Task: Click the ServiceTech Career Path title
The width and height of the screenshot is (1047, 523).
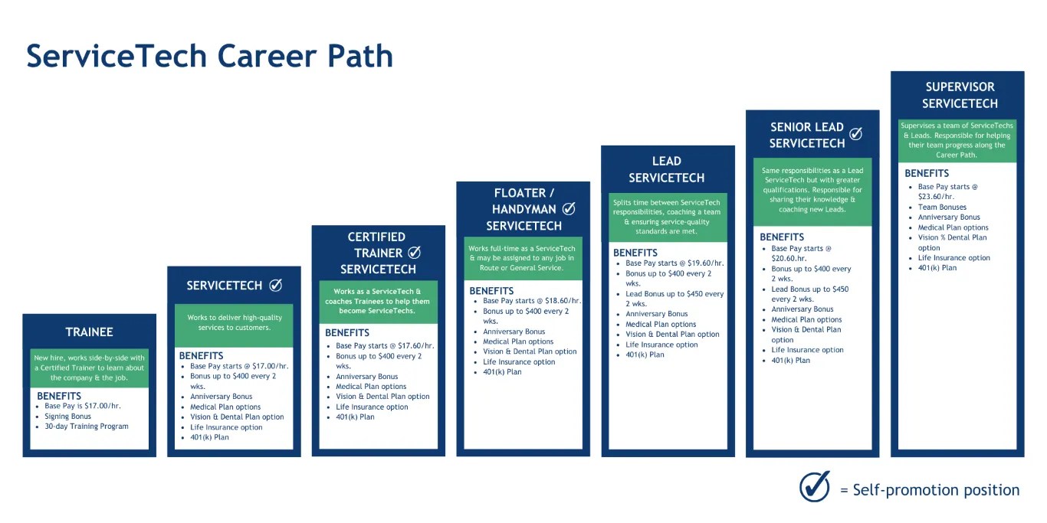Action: tap(209, 56)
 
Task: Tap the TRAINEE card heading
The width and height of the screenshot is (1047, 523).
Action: tap(89, 332)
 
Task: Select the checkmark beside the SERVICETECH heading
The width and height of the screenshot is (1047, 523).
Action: tap(275, 286)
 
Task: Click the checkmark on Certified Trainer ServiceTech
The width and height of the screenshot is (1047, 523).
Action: tap(414, 252)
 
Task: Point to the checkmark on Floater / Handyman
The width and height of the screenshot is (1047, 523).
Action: tap(569, 208)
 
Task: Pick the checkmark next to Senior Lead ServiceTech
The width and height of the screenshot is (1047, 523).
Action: tap(855, 134)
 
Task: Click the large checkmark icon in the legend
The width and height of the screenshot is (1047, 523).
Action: tap(815, 486)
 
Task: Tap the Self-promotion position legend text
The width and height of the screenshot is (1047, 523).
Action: tap(930, 490)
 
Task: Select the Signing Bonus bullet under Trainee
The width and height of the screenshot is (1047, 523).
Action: tap(67, 417)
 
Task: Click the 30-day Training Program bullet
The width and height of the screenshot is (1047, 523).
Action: tap(87, 427)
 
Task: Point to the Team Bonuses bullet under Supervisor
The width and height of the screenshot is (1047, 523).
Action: tap(942, 207)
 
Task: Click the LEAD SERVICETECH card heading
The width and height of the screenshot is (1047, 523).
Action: tap(666, 169)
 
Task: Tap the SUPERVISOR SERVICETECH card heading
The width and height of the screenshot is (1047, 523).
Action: tap(960, 95)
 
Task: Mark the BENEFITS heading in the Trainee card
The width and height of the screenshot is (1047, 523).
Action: tap(58, 396)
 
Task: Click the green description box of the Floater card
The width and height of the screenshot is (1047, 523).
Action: tap(523, 258)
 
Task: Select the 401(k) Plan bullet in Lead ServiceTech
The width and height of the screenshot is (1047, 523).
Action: tap(645, 355)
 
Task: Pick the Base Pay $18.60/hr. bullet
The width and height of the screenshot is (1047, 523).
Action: tap(532, 301)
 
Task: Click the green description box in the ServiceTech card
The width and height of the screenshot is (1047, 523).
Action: tap(235, 322)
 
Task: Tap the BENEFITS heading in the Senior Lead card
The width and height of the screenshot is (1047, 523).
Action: tap(782, 237)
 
